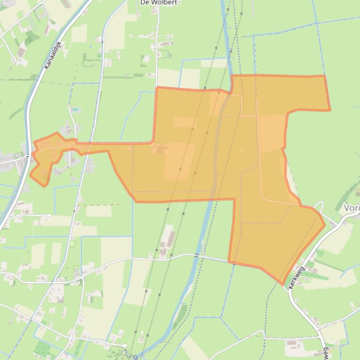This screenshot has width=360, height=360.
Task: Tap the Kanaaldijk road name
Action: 52,55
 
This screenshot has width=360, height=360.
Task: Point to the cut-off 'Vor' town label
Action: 352,208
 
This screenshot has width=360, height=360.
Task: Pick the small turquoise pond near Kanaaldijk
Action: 75,110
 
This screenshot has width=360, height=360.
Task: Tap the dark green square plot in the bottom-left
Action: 43,349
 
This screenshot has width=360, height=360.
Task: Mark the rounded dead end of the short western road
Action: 49,215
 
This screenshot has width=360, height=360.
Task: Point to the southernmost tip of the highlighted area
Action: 282,283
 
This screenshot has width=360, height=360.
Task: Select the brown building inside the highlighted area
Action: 160,149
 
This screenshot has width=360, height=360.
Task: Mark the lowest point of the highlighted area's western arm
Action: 45,186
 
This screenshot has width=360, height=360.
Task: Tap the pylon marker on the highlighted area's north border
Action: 205,88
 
